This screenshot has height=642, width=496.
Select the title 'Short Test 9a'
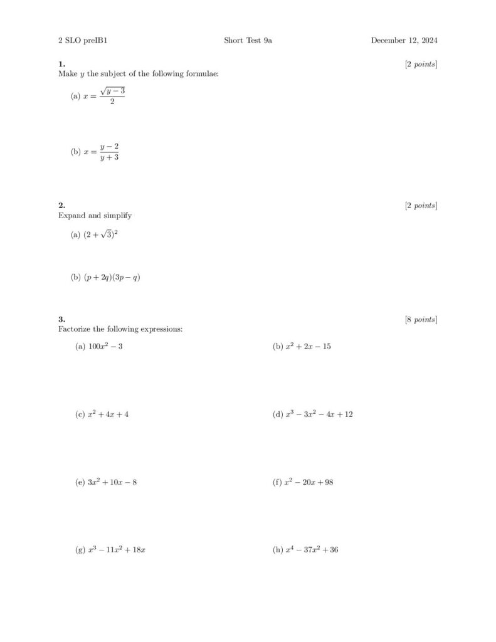click(248, 41)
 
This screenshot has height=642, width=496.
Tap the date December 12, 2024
click(404, 41)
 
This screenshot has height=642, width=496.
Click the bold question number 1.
click(61, 64)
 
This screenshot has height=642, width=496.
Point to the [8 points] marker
click(421, 320)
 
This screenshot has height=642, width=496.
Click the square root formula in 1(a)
click(104, 97)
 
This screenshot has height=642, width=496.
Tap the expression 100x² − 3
click(105, 346)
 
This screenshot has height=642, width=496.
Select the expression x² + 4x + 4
click(108, 414)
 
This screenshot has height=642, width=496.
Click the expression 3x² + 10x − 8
click(112, 482)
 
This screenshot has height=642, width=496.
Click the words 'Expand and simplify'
click(95, 216)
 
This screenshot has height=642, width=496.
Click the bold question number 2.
click(61, 206)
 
